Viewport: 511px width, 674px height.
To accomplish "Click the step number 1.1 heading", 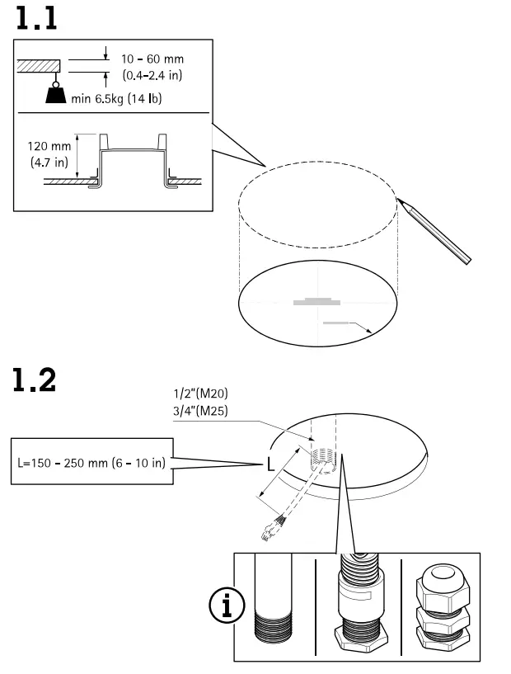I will tap(35, 17).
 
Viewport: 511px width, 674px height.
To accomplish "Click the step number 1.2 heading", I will tap(35, 380).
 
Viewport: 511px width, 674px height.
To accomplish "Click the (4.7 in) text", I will tap(49, 162).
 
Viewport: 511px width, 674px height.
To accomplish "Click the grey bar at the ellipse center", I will tap(316, 302).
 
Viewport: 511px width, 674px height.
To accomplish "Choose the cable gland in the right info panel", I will tap(441, 606).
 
